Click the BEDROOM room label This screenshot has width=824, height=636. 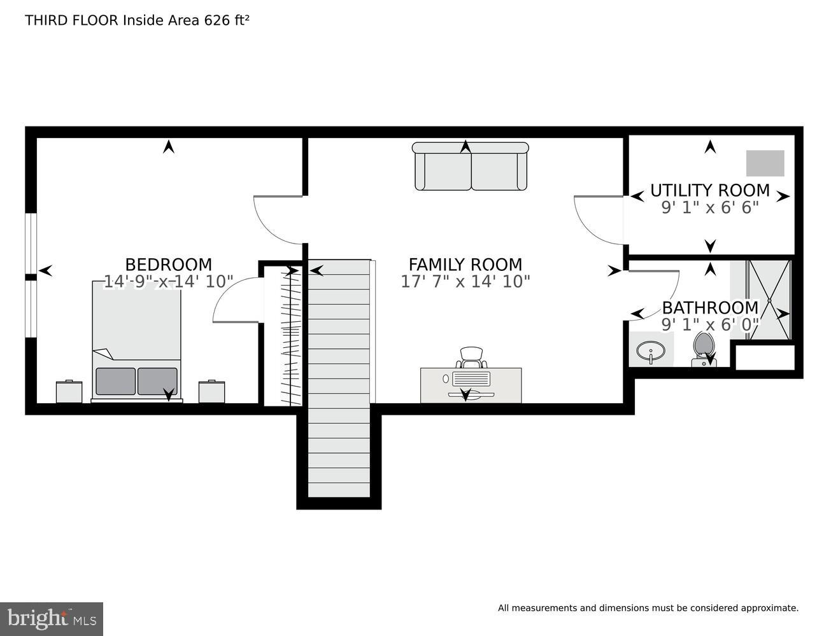(x=168, y=264)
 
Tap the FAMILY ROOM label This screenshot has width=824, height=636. (x=465, y=264)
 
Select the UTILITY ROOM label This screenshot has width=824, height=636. (x=709, y=190)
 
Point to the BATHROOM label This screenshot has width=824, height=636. (x=710, y=308)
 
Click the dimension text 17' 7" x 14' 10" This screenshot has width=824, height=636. (x=465, y=281)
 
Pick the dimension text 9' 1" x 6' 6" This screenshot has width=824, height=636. (x=709, y=207)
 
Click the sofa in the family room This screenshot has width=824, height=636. (x=471, y=167)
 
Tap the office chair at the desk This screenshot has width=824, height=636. (x=471, y=357)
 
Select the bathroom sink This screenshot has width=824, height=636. (x=650, y=352)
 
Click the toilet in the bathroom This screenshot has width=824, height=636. (x=704, y=350)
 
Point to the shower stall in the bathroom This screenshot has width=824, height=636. (x=769, y=300)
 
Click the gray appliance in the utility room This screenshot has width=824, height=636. (x=765, y=163)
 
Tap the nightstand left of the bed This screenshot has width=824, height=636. (x=69, y=392)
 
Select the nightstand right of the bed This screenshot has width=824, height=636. (x=211, y=392)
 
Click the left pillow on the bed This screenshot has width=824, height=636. (x=115, y=381)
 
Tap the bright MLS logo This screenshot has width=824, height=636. (x=52, y=619)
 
